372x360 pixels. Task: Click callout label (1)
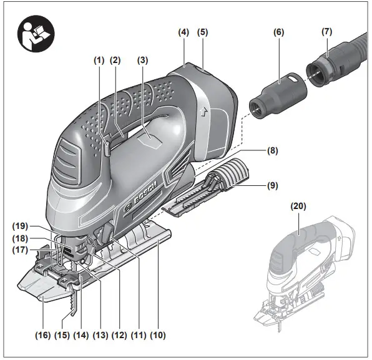tap(98, 61)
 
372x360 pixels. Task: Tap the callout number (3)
tap(143, 61)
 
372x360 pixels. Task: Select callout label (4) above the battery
tap(184, 31)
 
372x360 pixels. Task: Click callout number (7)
tap(326, 31)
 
